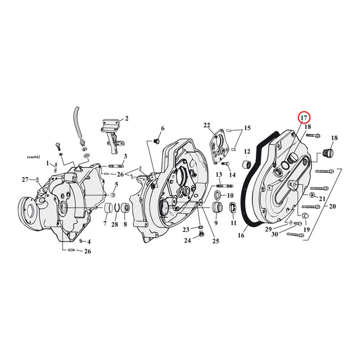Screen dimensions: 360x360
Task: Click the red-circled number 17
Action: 304,118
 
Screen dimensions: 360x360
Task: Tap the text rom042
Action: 34,157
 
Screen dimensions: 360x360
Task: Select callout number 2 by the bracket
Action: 126,119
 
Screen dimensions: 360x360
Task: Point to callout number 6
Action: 162,128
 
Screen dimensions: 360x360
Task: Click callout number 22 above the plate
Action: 207,125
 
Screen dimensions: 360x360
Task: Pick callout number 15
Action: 247,128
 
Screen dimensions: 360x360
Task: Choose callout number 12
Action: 247,151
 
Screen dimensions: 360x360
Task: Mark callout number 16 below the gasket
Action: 241,235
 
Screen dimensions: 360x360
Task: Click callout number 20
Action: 332,206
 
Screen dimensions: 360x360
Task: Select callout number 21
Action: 322,198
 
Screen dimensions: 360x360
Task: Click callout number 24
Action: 187,240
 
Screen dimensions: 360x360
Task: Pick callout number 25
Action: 215,241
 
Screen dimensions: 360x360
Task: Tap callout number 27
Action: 24,179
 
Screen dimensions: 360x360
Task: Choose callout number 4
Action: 89,242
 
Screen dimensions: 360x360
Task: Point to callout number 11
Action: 233,223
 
